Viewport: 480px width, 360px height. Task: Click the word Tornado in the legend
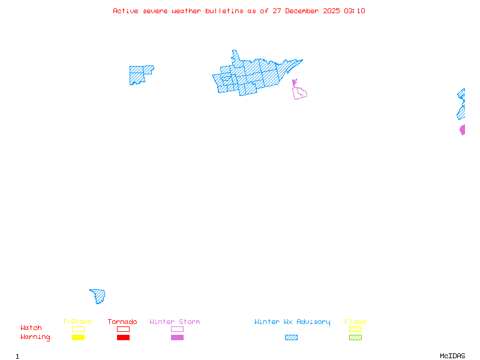pos(122,322)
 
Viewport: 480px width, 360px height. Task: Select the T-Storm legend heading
pos(77,322)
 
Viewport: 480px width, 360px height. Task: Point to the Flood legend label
pos(355,322)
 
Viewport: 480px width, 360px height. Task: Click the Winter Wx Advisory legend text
pos(292,322)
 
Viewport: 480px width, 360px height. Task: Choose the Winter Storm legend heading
pos(175,322)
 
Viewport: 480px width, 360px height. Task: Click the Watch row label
pos(31,328)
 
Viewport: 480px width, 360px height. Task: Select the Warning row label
pos(35,337)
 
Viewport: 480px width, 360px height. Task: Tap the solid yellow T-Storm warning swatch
pos(78,338)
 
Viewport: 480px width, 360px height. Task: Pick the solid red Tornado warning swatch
pos(123,338)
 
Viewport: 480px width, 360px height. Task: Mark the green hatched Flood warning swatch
pos(355,338)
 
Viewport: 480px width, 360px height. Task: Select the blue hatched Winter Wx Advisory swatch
pos(291,338)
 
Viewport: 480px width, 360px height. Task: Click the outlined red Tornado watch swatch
pos(123,329)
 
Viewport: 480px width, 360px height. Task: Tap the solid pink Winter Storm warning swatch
pos(177,338)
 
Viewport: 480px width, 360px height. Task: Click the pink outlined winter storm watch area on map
pos(299,92)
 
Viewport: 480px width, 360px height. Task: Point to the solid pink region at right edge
pos(463,130)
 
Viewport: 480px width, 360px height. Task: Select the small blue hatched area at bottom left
pos(99,296)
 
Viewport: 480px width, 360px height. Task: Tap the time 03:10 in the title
pos(355,11)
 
